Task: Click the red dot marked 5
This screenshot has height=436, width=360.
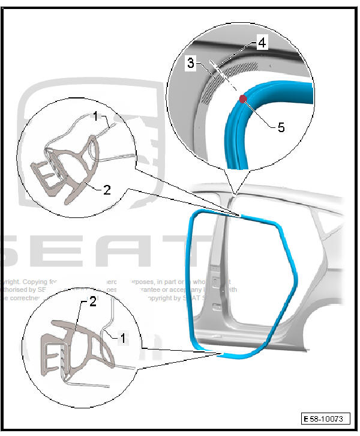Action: click(x=242, y=99)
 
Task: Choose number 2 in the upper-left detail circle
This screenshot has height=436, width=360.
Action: click(x=107, y=190)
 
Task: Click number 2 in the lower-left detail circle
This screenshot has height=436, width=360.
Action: click(x=93, y=302)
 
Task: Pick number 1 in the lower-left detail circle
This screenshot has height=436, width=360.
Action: click(x=123, y=338)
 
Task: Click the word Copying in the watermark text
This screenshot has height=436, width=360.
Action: click(x=41, y=280)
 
